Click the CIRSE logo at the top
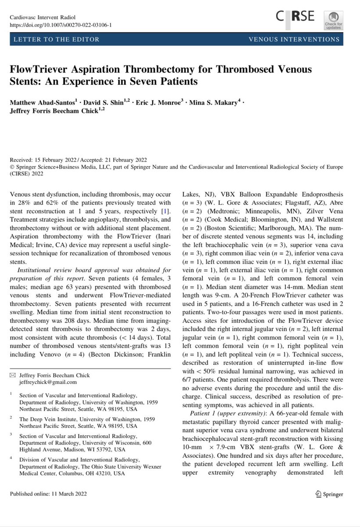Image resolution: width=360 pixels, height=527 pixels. click(x=295, y=17)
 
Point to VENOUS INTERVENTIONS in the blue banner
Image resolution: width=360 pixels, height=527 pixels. click(x=294, y=40)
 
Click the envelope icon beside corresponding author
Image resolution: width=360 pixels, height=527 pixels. click(x=13, y=375)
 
